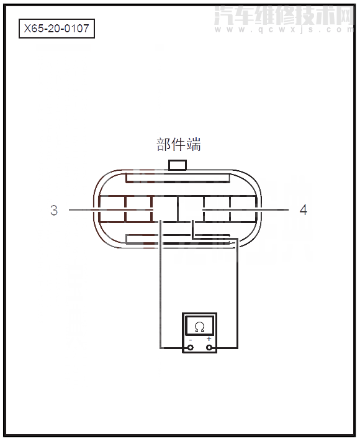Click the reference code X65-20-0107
56,29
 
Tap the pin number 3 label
54,211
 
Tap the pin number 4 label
303,210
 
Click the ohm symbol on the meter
199,326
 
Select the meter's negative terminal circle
190,347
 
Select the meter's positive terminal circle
209,347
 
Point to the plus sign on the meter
209,339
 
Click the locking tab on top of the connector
178,165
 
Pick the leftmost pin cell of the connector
112,209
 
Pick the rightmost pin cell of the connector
243,209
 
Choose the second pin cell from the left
138,209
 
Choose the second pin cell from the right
217,209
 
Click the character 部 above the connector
164,145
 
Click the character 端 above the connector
194,145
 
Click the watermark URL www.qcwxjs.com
282,29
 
